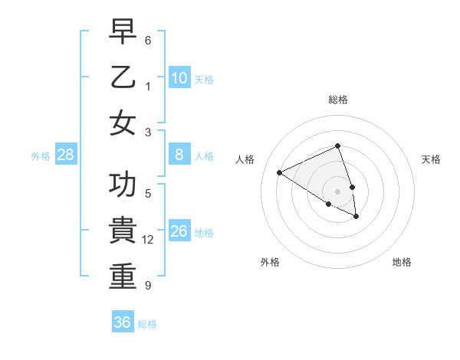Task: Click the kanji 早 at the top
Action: (x=123, y=32)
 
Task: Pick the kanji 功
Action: (x=123, y=185)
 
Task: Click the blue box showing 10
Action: (x=179, y=78)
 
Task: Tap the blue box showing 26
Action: (x=179, y=231)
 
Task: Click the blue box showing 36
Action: (x=123, y=322)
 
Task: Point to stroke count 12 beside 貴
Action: (x=148, y=240)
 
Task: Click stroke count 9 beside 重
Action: (x=148, y=286)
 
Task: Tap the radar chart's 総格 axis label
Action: (x=338, y=100)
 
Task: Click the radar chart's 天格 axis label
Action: (x=432, y=159)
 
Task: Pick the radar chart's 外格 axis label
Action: (x=270, y=262)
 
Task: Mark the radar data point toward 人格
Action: (x=280, y=172)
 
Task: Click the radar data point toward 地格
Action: (x=356, y=217)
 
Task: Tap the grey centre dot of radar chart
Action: (x=338, y=191)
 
